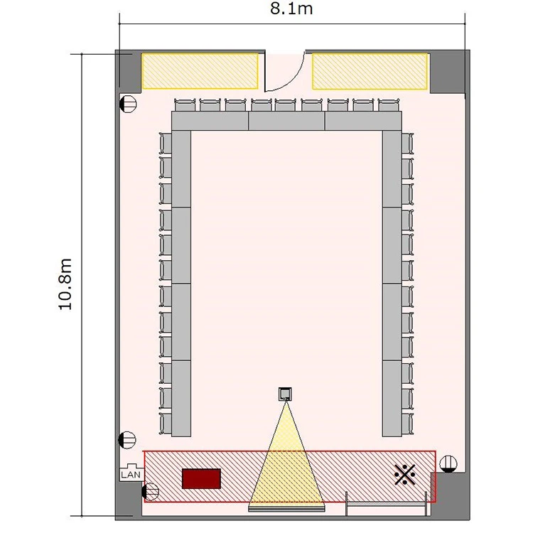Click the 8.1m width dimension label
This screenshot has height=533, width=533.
click(x=291, y=9)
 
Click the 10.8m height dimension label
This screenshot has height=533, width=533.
click(x=65, y=284)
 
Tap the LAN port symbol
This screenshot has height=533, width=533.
click(x=131, y=472)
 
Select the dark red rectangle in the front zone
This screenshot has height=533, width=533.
click(x=201, y=478)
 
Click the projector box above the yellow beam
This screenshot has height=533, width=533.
click(x=285, y=394)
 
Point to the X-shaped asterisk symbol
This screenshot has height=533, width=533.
click(x=404, y=474)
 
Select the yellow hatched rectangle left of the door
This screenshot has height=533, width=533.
click(x=200, y=71)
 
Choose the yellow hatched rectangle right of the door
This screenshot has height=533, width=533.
click(x=370, y=71)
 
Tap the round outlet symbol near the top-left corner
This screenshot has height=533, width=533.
click(x=129, y=104)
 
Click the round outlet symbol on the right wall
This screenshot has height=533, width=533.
click(x=448, y=464)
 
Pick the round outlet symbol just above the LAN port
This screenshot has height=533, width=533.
click(x=127, y=440)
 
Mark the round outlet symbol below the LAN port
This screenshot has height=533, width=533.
click(x=150, y=492)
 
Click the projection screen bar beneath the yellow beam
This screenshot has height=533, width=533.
click(x=286, y=509)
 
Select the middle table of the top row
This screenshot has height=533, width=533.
click(x=286, y=121)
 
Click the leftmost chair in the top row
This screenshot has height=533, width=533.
click(x=185, y=104)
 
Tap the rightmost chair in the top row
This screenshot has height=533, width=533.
click(x=389, y=104)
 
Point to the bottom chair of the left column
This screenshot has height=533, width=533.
click(x=166, y=424)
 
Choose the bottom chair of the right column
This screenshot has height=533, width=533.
click(x=407, y=424)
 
